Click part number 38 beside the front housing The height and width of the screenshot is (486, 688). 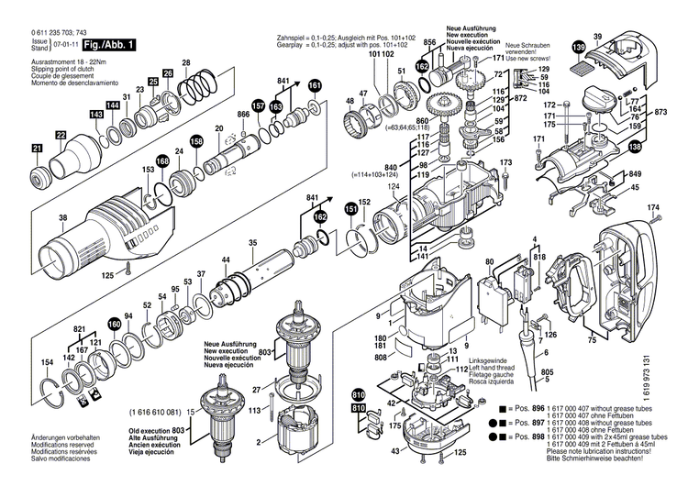coord(38,217)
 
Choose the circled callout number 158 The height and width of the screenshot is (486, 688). coord(196,141)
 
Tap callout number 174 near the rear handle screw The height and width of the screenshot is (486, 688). coord(653,209)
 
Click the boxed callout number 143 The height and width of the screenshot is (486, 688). coord(96,114)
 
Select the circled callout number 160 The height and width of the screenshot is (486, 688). coord(114,324)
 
